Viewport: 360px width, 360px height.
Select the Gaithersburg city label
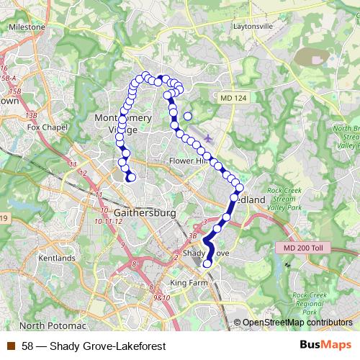(145, 214)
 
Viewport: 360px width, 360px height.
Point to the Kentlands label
(57, 258)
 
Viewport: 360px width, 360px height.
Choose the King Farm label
(188, 283)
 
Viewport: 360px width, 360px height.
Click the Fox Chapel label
(41, 127)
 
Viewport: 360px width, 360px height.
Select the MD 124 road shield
(231, 96)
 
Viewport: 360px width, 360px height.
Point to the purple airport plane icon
(209, 137)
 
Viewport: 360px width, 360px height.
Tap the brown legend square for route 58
(10, 346)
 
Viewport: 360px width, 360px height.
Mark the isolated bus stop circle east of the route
(188, 115)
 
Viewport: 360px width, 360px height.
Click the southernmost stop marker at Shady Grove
(207, 264)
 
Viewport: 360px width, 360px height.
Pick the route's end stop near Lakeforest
(131, 178)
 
